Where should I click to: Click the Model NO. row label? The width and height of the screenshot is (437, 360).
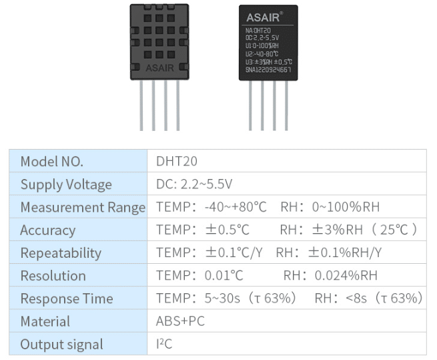(52, 162)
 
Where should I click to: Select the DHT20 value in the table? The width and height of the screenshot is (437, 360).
(176, 162)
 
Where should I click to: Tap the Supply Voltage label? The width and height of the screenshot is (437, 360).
(66, 184)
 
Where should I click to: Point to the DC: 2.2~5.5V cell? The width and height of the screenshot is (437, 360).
(194, 184)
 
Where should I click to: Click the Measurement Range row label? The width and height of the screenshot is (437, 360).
(83, 207)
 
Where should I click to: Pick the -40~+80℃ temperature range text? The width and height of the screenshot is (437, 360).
(236, 207)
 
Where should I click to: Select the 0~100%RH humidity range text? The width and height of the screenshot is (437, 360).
(346, 207)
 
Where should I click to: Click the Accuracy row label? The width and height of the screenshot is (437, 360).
(47, 230)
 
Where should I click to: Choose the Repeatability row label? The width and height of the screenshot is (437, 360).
(61, 253)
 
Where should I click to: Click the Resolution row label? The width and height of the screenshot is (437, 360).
(53, 276)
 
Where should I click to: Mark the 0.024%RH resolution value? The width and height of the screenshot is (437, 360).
(346, 276)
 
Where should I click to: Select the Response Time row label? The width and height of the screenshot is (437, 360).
(67, 299)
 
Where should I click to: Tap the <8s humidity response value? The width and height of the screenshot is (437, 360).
(352, 299)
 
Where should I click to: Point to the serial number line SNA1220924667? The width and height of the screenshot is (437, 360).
(268, 70)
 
